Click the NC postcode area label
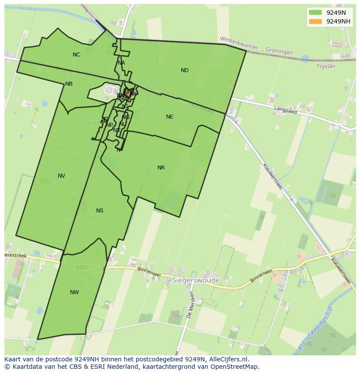tap(77, 55)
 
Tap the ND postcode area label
tap(185, 70)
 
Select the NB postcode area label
tap(69, 84)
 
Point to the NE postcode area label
tap(170, 117)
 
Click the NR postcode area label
tap(161, 168)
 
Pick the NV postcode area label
tap(61, 176)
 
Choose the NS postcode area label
tap(100, 211)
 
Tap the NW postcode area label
tap(74, 292)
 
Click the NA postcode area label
tap(121, 63)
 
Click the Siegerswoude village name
tap(196, 281)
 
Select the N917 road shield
tap(82, 268)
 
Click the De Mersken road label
tap(190, 305)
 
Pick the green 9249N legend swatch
tap(315, 13)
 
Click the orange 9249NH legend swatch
tap(315, 21)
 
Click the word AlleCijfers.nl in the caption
tap(228, 359)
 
